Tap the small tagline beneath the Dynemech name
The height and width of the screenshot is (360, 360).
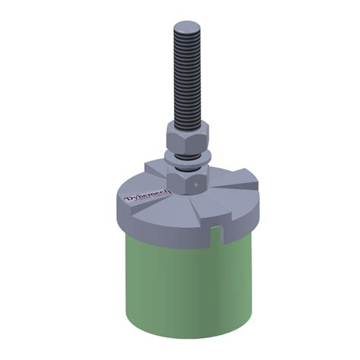[x=150, y=208]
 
